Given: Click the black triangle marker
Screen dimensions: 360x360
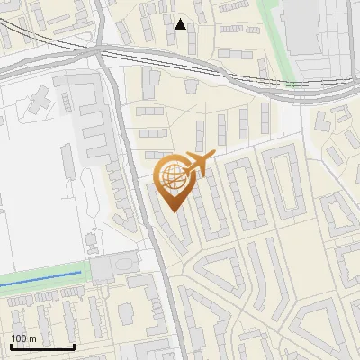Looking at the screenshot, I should [x=181, y=24].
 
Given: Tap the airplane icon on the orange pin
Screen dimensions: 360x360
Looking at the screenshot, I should [x=199, y=164].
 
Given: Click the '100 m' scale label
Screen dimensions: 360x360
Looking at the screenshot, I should [x=24, y=338].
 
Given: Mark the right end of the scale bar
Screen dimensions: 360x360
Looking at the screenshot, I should [x=74, y=346].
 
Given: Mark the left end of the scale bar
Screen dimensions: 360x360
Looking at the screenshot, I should [x=10, y=346].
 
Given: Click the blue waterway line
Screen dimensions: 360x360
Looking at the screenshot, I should [x=40, y=278].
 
